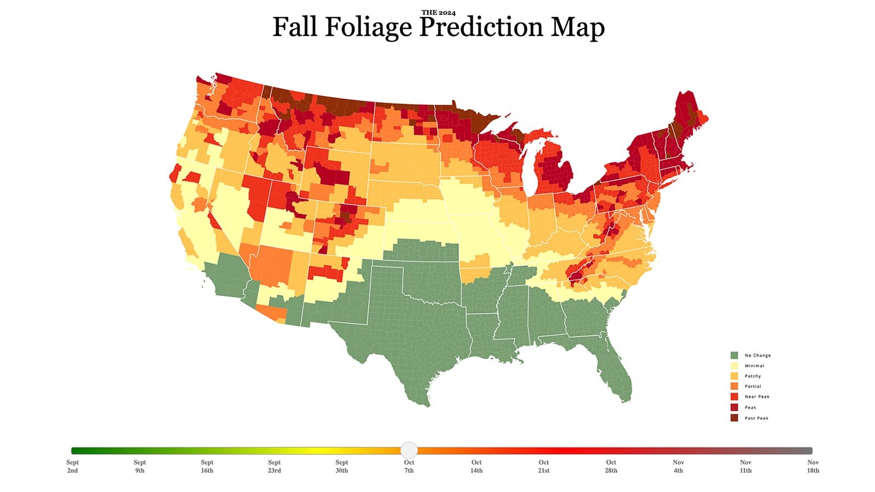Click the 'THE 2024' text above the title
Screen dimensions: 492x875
(x=438, y=13)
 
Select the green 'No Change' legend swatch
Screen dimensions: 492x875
(x=734, y=355)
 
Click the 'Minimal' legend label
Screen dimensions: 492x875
(x=754, y=366)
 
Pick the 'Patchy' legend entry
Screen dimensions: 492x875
(x=752, y=376)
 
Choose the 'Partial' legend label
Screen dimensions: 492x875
(x=752, y=386)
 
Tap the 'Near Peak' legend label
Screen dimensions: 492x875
(x=757, y=397)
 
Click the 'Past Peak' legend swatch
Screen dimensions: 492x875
(x=734, y=418)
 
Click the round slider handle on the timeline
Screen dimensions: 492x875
(x=409, y=450)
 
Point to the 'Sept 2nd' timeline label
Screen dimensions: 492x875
(x=72, y=466)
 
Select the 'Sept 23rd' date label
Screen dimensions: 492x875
(x=275, y=466)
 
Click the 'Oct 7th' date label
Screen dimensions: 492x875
(x=409, y=466)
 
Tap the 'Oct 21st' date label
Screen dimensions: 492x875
(x=544, y=466)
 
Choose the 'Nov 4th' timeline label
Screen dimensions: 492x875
(x=678, y=466)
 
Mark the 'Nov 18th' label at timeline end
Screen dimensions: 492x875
(x=813, y=466)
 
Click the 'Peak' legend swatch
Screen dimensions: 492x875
(x=734, y=407)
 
